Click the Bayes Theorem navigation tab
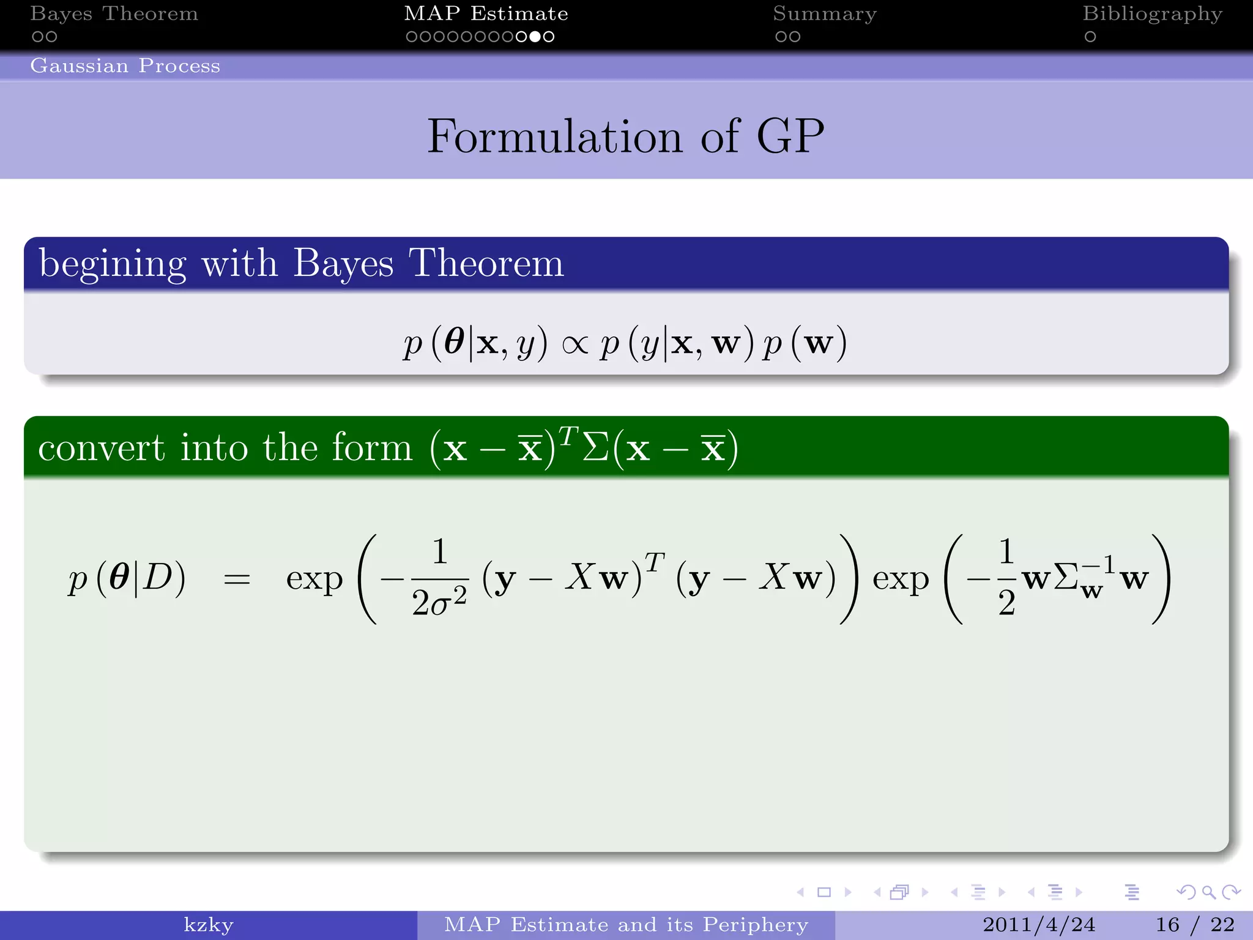point(114,13)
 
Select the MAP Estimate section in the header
point(486,13)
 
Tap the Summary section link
point(824,13)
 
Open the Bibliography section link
point(1152,13)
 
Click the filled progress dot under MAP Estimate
point(535,37)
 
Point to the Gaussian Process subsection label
point(125,65)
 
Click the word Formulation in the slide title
point(554,136)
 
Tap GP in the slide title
point(790,136)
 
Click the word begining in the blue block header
point(113,264)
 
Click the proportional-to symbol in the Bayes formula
point(574,345)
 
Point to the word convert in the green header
point(102,448)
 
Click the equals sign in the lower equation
point(237,579)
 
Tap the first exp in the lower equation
point(314,579)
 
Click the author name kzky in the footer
point(209,925)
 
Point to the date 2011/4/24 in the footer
point(1038,925)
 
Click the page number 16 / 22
point(1195,925)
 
